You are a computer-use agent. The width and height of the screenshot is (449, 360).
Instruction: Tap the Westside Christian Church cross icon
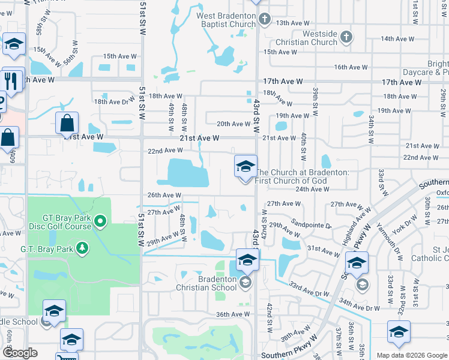(x=346, y=38)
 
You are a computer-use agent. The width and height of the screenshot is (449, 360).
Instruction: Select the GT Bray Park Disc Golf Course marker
(x=101, y=223)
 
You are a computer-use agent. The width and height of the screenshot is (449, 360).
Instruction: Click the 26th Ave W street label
(x=164, y=195)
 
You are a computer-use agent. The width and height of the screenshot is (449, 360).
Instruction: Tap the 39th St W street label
(x=315, y=101)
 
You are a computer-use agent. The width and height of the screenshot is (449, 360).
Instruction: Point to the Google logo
(x=20, y=353)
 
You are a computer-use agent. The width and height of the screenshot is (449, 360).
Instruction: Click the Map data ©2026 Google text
(x=411, y=355)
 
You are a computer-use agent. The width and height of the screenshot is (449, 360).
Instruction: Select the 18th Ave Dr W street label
(x=114, y=102)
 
